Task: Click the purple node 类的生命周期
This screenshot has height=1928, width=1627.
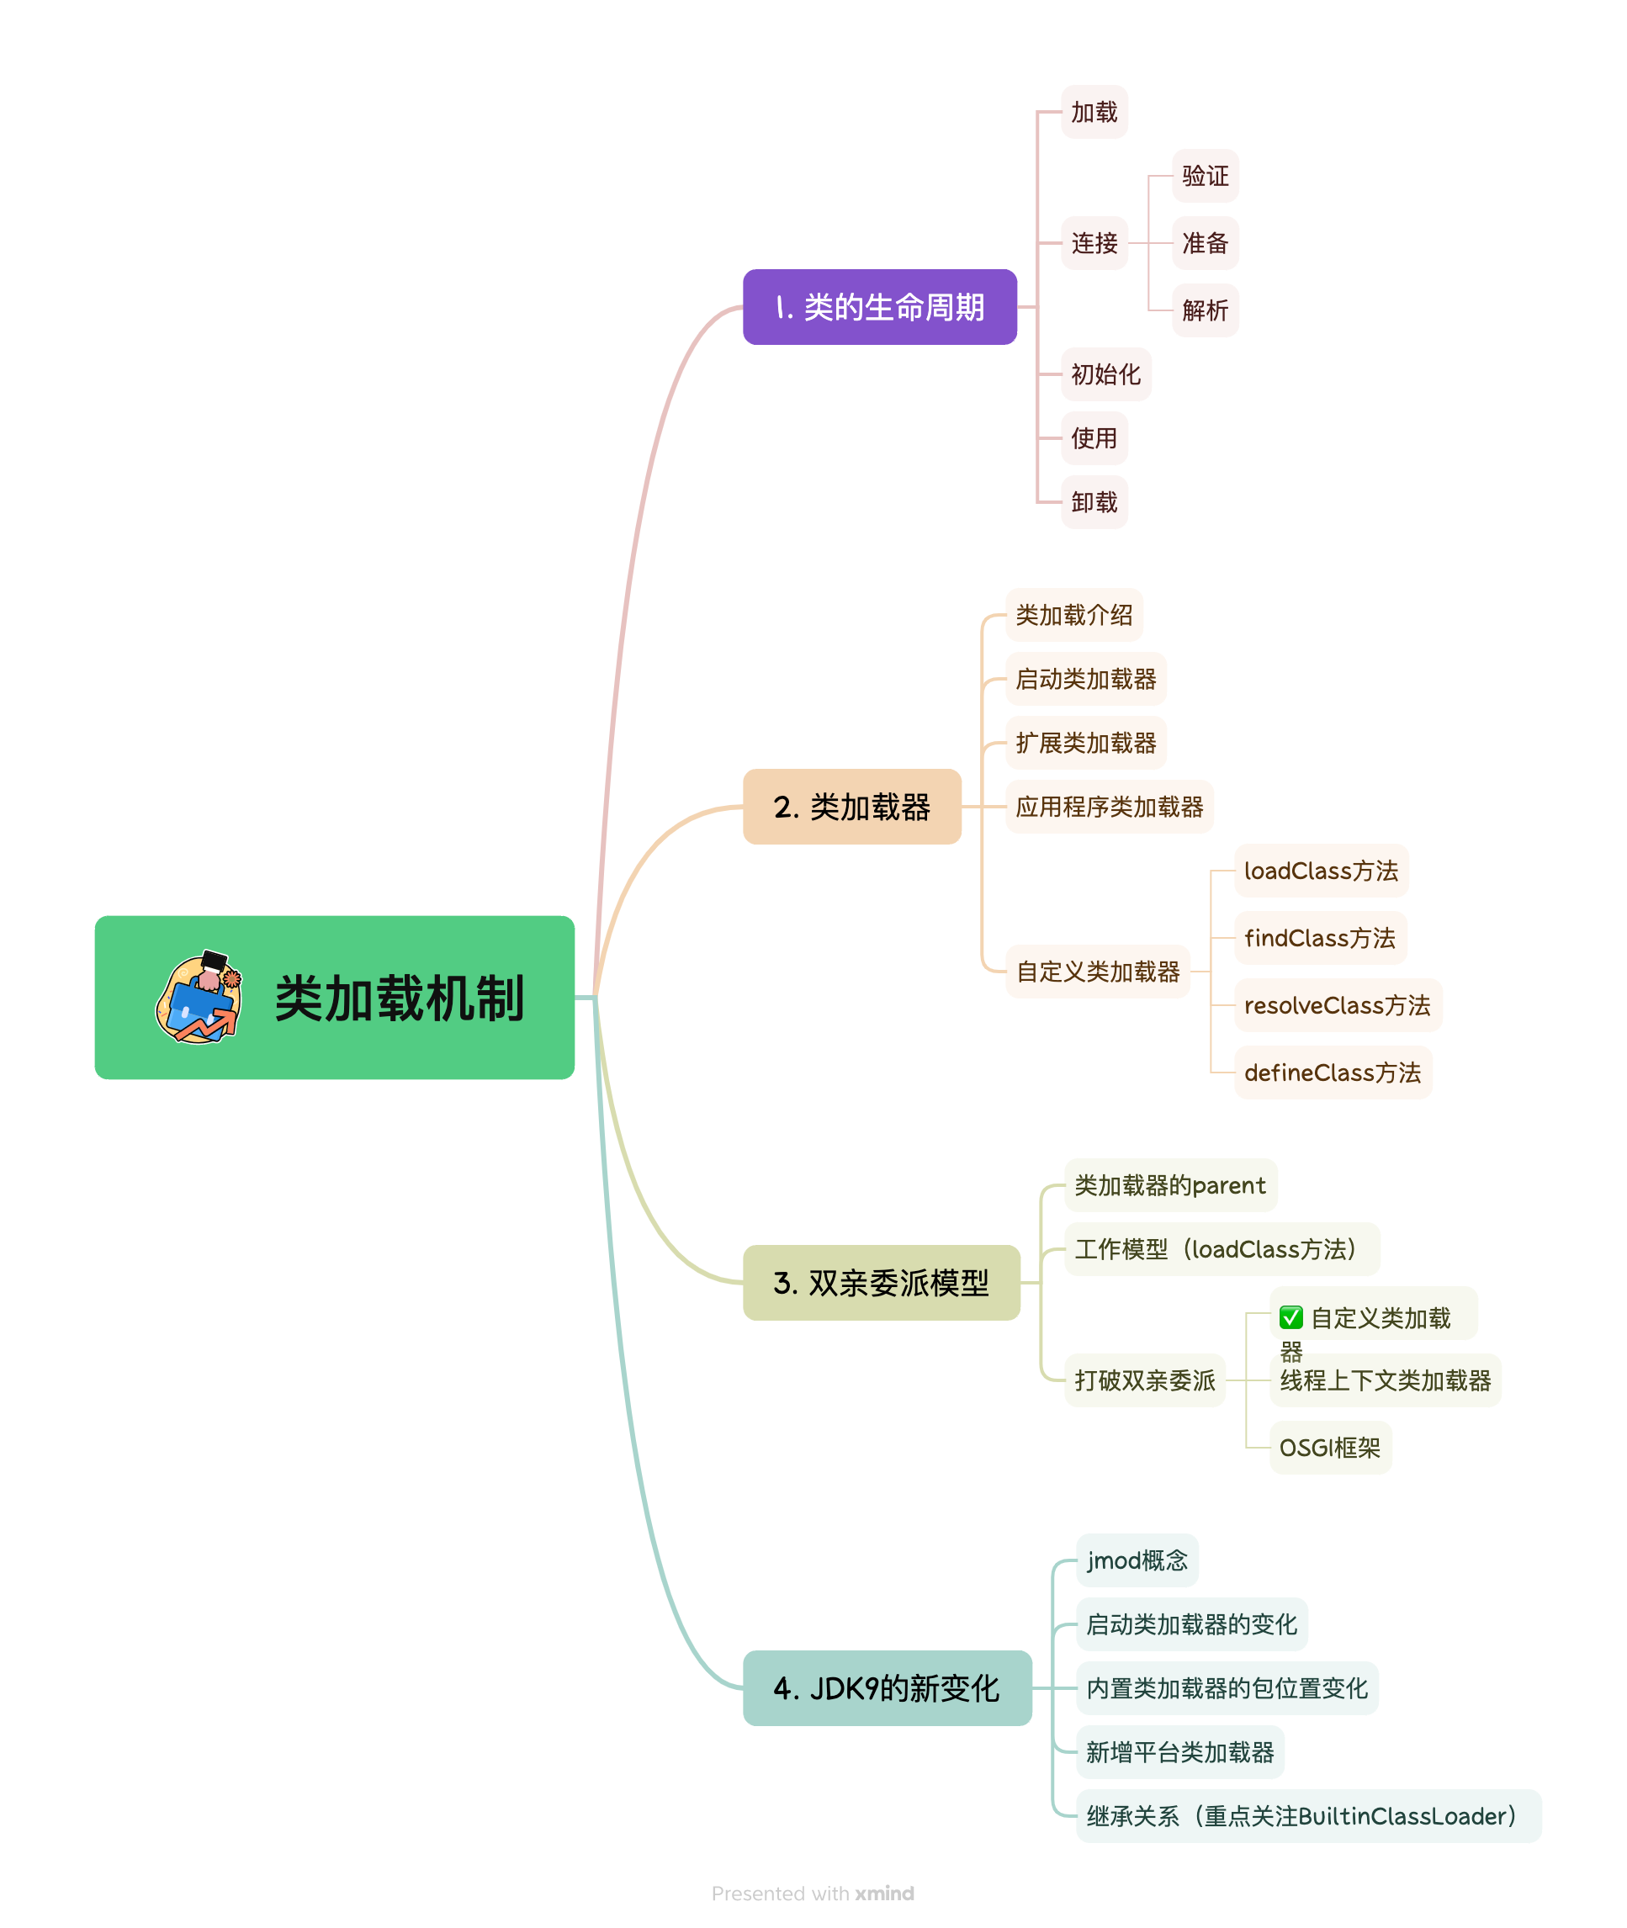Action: (x=879, y=307)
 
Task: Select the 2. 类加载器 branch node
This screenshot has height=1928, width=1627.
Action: (x=851, y=807)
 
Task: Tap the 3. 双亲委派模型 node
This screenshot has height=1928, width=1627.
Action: (x=881, y=1283)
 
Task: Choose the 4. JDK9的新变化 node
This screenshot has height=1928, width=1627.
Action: (x=887, y=1688)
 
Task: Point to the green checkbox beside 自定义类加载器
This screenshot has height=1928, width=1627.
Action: (x=1291, y=1317)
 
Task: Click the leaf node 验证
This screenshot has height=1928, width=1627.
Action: (x=1205, y=176)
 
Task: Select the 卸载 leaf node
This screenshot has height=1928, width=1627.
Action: (x=1094, y=502)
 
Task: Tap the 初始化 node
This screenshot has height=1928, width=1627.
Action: (x=1105, y=374)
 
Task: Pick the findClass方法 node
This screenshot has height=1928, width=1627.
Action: (x=1319, y=938)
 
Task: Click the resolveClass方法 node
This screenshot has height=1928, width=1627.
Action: (x=1337, y=1005)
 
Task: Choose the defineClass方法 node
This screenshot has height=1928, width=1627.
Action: (x=1332, y=1073)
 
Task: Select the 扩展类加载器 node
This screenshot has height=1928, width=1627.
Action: (x=1085, y=743)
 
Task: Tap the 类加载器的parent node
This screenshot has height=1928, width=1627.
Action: (x=1169, y=1185)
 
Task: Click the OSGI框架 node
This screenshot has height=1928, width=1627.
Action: (x=1329, y=1448)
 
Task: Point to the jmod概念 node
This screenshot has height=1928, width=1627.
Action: (x=1137, y=1560)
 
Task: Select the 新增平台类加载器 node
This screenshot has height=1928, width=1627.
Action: (x=1179, y=1752)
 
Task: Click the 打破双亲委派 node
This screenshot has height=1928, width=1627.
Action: (x=1144, y=1380)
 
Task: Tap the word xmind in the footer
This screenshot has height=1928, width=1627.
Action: (x=883, y=1893)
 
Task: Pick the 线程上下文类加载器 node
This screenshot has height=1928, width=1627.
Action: (x=1385, y=1380)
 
